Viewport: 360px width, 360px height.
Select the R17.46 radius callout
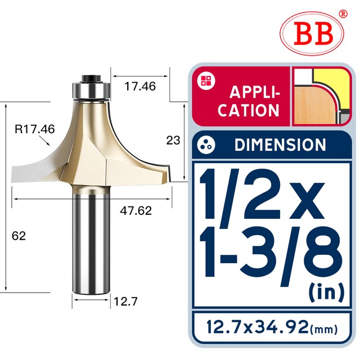click(34, 130)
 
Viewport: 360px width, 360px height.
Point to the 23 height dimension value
click(173, 141)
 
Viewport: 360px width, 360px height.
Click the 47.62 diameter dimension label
click(137, 211)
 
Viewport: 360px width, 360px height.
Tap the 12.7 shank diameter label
click(125, 301)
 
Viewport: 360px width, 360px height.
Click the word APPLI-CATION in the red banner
click(249, 101)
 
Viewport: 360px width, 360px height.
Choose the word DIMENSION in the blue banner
click(280, 145)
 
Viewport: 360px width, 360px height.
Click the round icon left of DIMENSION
click(206, 145)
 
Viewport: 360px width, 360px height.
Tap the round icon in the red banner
click(203, 80)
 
